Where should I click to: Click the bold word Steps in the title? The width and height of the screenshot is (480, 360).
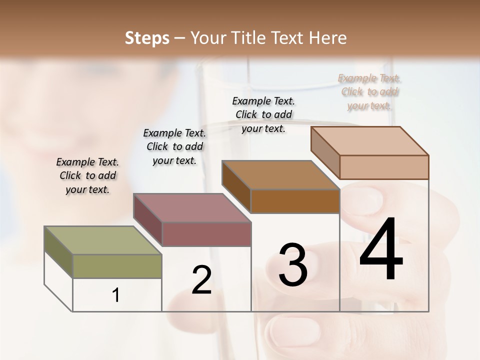147,38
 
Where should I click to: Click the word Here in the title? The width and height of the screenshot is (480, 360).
328,38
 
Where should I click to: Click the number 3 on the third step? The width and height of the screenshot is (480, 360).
292,264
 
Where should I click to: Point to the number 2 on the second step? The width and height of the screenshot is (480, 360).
201,280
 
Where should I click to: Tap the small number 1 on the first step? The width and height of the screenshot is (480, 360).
116,295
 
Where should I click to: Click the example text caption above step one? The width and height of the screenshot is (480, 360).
87,176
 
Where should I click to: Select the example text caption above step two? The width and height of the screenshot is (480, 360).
174,146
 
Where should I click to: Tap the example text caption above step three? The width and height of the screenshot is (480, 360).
263,114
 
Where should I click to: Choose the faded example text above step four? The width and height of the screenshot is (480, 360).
369,92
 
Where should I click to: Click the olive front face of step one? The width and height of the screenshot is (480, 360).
117,266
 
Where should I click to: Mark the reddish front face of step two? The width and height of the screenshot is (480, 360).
206,234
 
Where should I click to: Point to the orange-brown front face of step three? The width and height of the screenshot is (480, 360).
295,201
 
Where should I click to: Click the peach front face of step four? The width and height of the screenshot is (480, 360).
384,167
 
